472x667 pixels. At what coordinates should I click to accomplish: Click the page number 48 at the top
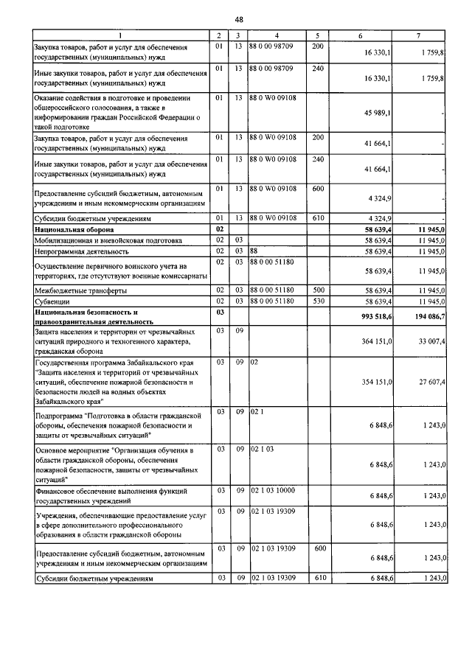click(240, 18)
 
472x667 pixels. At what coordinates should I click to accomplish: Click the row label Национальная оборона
click(72, 230)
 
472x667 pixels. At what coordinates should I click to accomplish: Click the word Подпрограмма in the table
click(61, 416)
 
